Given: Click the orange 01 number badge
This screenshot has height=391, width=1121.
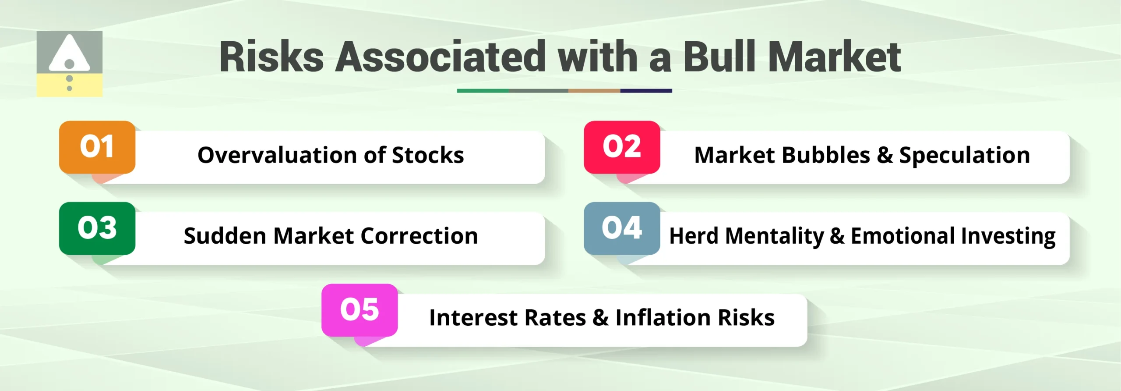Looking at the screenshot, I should (97, 147).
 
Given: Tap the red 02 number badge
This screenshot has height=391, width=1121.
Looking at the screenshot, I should (622, 147).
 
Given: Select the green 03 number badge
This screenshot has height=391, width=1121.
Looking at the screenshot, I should (97, 228).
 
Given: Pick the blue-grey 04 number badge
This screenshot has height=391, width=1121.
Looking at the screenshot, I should (622, 228).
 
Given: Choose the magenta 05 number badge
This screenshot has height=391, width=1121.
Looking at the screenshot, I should (360, 310).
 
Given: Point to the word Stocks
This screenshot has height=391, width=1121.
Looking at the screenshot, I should (428, 155).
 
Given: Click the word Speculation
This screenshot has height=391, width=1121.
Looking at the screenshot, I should (964, 156).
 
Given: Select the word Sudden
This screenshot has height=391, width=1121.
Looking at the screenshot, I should (225, 236).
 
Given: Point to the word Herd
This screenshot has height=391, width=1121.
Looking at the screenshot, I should (694, 236).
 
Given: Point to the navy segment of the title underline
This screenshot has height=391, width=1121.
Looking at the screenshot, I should (646, 91).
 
